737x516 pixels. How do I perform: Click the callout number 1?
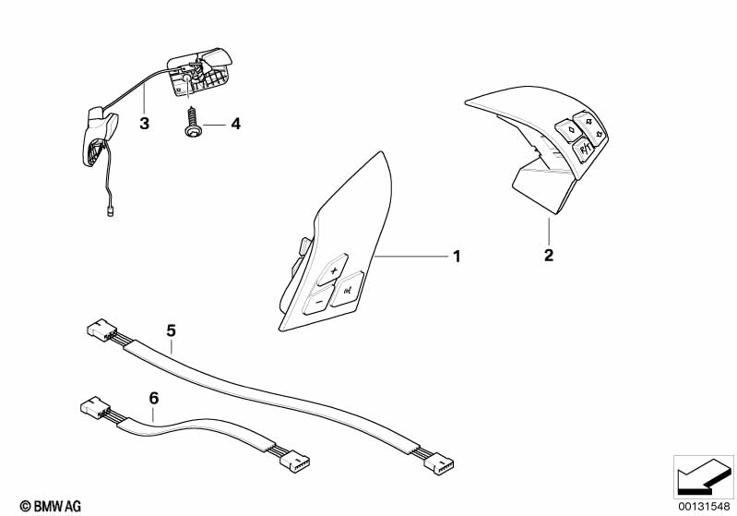[456, 256]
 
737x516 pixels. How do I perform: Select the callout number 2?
[549, 255]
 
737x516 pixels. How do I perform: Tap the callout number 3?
[144, 124]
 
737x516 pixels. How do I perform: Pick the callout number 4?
[235, 124]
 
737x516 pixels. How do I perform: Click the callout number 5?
[171, 329]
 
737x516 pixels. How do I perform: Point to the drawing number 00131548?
[704, 505]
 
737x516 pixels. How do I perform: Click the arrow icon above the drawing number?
[703, 474]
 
